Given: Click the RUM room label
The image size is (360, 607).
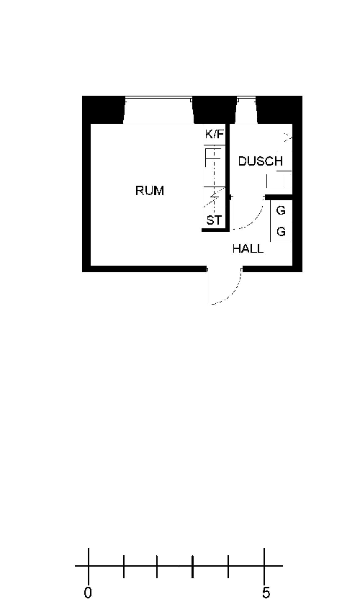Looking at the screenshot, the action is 150,191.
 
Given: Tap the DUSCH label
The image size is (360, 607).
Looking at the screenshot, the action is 260,161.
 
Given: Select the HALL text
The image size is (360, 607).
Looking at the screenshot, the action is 248,248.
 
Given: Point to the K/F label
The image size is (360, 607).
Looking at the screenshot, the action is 215,135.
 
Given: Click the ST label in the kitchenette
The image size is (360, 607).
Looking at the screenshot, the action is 214,220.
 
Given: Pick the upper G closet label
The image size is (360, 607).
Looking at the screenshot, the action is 281,210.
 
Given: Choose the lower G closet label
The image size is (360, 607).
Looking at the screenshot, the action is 281,232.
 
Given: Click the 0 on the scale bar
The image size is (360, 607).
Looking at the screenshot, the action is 88,593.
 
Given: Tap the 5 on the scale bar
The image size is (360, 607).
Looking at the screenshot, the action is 266,593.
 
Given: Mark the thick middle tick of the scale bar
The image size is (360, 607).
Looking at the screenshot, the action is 192,567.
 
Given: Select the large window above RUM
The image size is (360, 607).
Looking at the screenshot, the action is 158,99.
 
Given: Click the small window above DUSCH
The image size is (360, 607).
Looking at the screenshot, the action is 246,99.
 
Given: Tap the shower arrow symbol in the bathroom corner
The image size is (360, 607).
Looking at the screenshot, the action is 288,137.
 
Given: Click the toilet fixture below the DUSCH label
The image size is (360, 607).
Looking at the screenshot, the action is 279,179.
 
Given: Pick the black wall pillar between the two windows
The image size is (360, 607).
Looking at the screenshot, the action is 215,109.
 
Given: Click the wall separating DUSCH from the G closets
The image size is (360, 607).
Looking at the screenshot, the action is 279,197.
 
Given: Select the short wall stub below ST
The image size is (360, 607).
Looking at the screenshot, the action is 215,230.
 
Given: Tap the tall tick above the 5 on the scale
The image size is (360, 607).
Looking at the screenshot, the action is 264,565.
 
